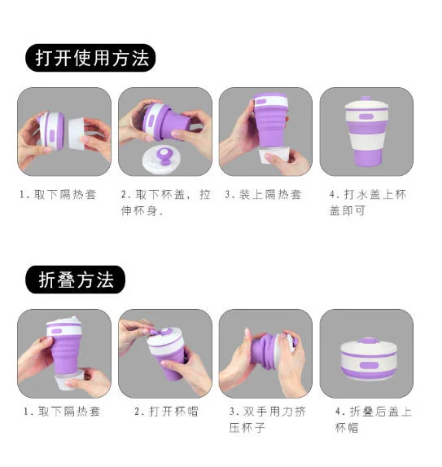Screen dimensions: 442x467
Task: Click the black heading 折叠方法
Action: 76,280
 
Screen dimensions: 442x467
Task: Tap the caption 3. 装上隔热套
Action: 263,195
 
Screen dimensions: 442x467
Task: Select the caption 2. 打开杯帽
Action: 166,412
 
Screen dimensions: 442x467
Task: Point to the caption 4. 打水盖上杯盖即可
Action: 368,202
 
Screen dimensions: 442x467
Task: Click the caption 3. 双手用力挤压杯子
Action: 268,420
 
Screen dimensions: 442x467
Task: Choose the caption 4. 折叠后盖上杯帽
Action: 374,420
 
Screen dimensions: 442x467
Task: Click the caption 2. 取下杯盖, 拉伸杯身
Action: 166,202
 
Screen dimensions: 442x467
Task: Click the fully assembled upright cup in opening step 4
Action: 366,131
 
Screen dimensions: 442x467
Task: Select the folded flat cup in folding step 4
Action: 368,359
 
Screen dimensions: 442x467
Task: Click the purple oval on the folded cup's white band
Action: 369,365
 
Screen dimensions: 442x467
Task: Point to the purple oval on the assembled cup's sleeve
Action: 365,117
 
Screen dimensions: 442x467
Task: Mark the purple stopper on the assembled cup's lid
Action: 365,99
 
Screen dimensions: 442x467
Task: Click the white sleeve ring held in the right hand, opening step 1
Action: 77,134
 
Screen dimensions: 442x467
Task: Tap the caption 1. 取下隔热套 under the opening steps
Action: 58,195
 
